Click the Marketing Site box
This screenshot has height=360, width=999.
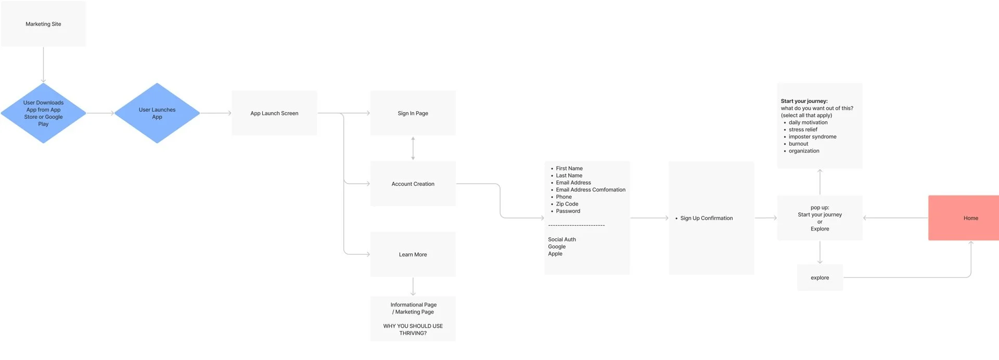click(43, 24)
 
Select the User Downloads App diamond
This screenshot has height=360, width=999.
click(43, 113)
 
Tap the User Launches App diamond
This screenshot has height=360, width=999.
click(157, 113)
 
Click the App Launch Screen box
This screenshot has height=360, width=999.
click(274, 113)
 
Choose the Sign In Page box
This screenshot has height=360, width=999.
click(413, 113)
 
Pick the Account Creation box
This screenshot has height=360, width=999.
click(413, 184)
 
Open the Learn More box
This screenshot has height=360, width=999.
click(413, 254)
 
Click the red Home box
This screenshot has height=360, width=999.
click(963, 218)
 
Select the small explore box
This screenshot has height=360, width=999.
click(819, 278)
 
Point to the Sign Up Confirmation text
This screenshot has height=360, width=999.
click(706, 218)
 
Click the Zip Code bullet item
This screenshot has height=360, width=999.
click(567, 204)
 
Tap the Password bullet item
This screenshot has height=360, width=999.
click(568, 211)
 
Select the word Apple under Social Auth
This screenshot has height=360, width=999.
click(555, 254)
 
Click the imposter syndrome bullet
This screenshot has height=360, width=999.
click(812, 137)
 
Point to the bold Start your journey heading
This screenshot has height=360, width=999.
click(804, 101)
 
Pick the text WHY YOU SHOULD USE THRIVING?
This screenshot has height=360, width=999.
click(413, 329)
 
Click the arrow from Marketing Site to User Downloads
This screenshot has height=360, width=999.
click(43, 65)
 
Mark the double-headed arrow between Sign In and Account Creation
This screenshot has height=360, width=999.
click(413, 148)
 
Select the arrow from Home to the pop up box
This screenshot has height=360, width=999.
click(895, 218)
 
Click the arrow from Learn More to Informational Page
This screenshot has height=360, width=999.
click(413, 286)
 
